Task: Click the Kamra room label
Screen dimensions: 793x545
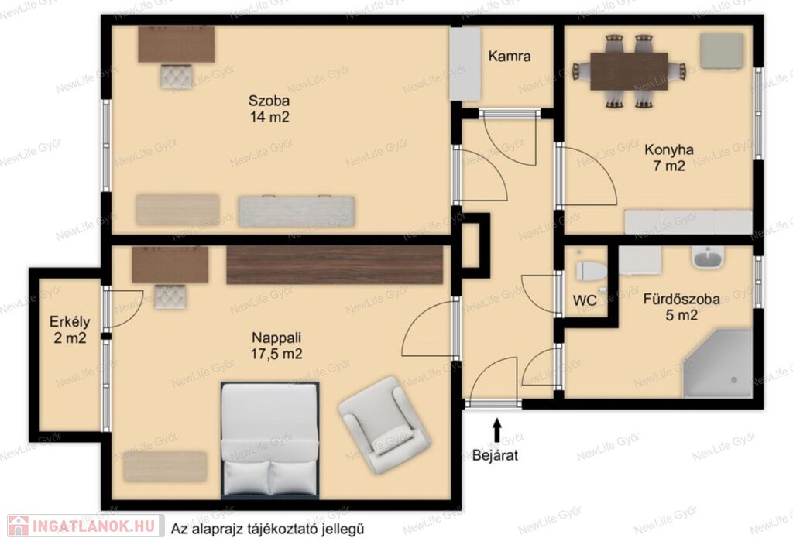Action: pos(510,56)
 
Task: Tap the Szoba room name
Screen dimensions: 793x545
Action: pos(269,100)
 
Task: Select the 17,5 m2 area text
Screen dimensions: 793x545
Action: pos(276,354)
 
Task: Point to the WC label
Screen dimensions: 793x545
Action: pos(585,300)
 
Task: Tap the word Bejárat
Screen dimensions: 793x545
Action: pos(496,455)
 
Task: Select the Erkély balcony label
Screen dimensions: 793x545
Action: pos(70,321)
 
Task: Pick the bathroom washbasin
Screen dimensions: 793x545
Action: pos(708,259)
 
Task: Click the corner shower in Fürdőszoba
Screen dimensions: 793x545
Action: pos(718,363)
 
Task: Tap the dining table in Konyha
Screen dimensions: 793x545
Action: pos(629,71)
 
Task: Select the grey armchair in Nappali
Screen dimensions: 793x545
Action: pos(386,425)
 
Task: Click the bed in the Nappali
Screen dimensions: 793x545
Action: pos(270,440)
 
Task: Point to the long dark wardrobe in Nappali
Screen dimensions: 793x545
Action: pos(335,265)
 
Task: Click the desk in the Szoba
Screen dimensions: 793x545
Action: pos(176,44)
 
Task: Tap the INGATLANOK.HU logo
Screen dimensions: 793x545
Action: pos(85,526)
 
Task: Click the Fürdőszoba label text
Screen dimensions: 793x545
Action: pos(681,300)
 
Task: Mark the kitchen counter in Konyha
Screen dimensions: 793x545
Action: pos(688,222)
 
